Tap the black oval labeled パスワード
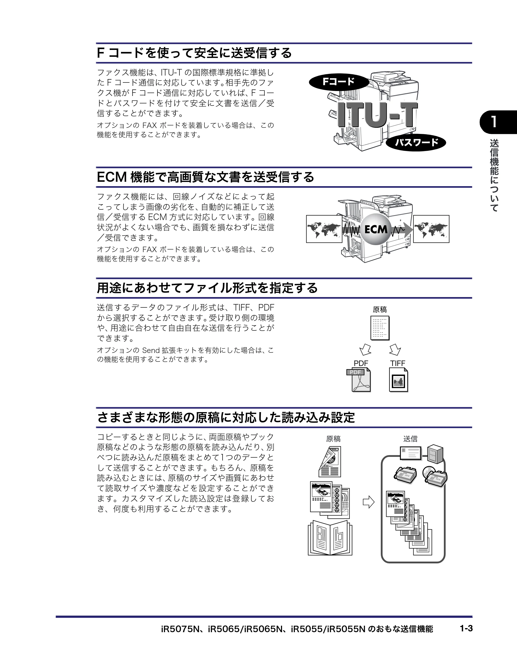416,142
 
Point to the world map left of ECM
324,229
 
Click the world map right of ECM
431,229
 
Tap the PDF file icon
359,380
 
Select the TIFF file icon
399,380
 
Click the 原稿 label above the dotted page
380,310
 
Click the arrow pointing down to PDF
365,350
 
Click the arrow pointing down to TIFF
395,350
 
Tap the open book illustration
330,538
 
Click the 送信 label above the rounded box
410,439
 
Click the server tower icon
435,454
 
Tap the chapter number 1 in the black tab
494,122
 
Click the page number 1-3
466,628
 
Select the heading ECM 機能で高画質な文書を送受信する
205,177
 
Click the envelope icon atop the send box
411,453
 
